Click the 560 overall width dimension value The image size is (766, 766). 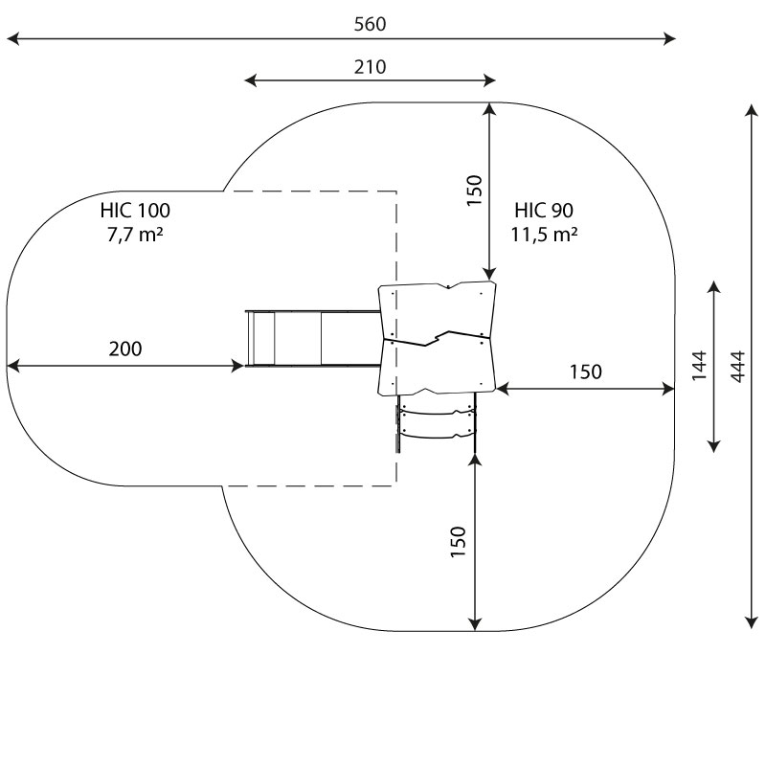click(370, 24)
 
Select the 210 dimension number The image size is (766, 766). click(370, 67)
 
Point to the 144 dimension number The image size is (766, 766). click(700, 366)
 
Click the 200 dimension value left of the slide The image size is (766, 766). click(125, 349)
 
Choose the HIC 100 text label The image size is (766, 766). click(135, 211)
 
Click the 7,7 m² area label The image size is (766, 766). click(135, 235)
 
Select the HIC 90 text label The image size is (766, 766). click(544, 211)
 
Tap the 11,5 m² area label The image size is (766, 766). click(544, 235)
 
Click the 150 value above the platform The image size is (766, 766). click(474, 191)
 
